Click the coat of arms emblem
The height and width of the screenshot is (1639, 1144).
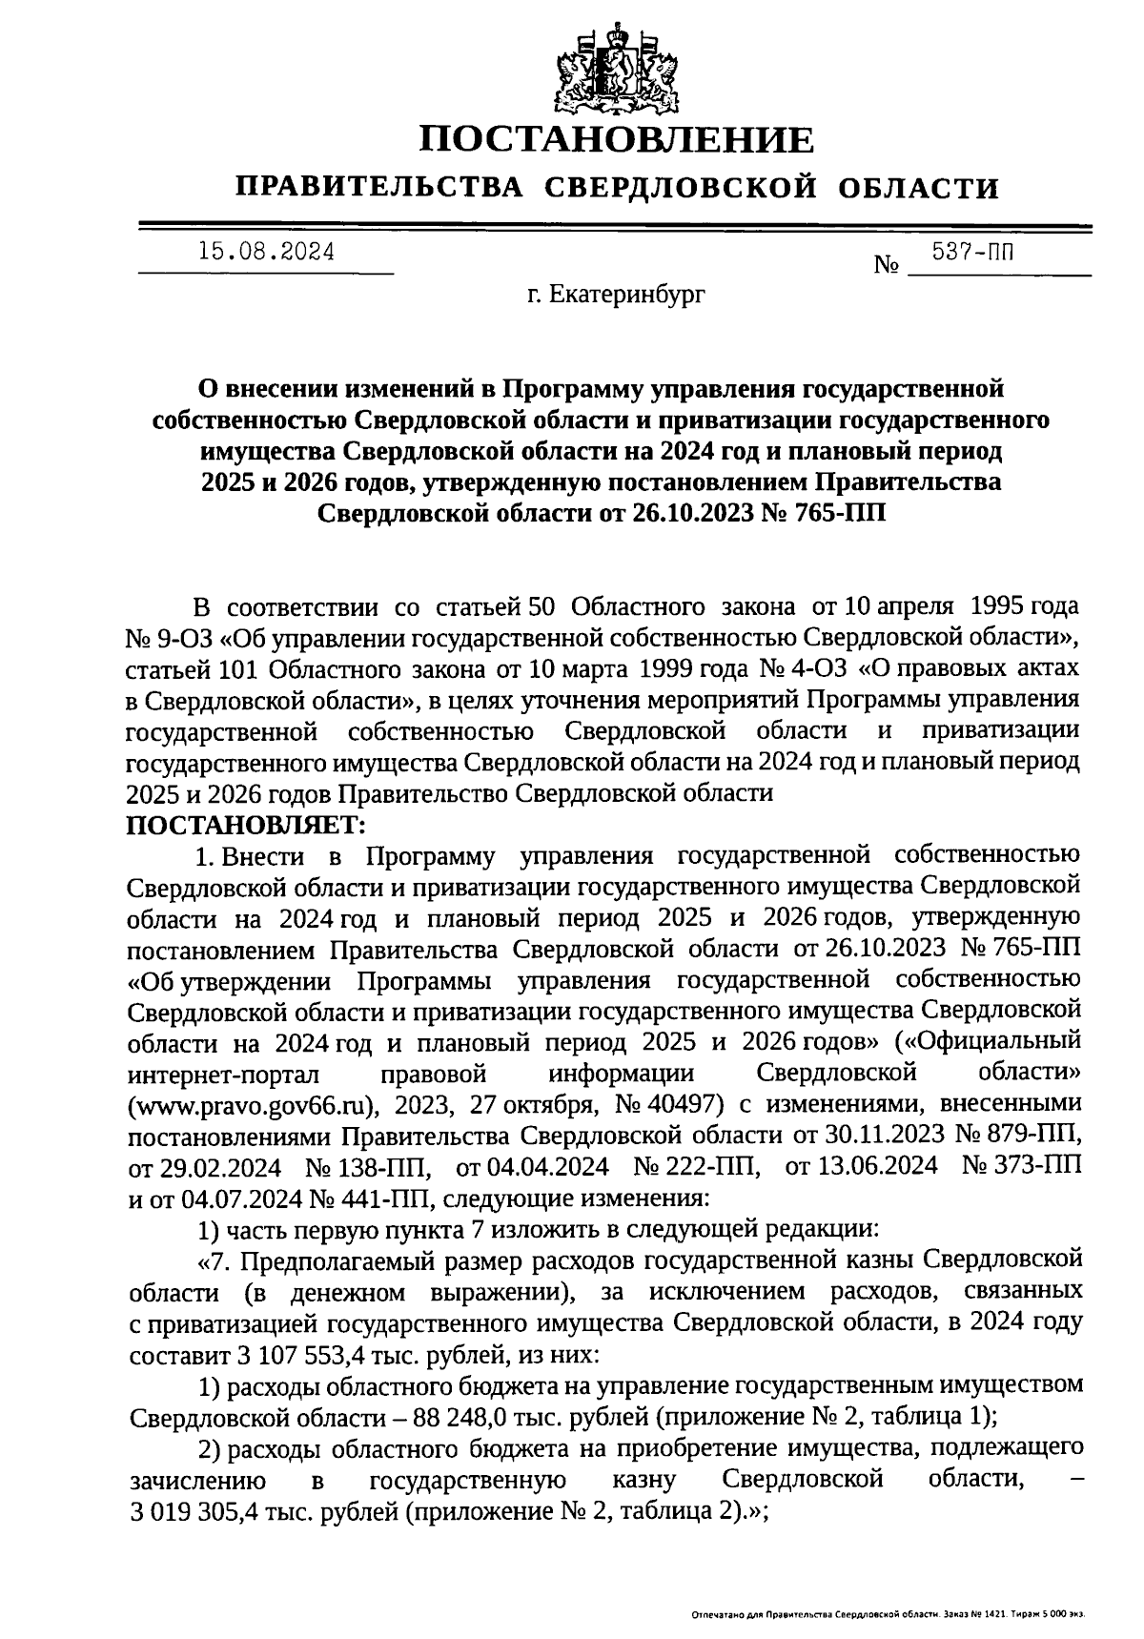tap(619, 68)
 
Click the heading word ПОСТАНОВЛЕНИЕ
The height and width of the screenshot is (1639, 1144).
tap(619, 140)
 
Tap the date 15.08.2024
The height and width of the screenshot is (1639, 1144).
tap(266, 253)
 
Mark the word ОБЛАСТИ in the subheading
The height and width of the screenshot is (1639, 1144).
tap(920, 188)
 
